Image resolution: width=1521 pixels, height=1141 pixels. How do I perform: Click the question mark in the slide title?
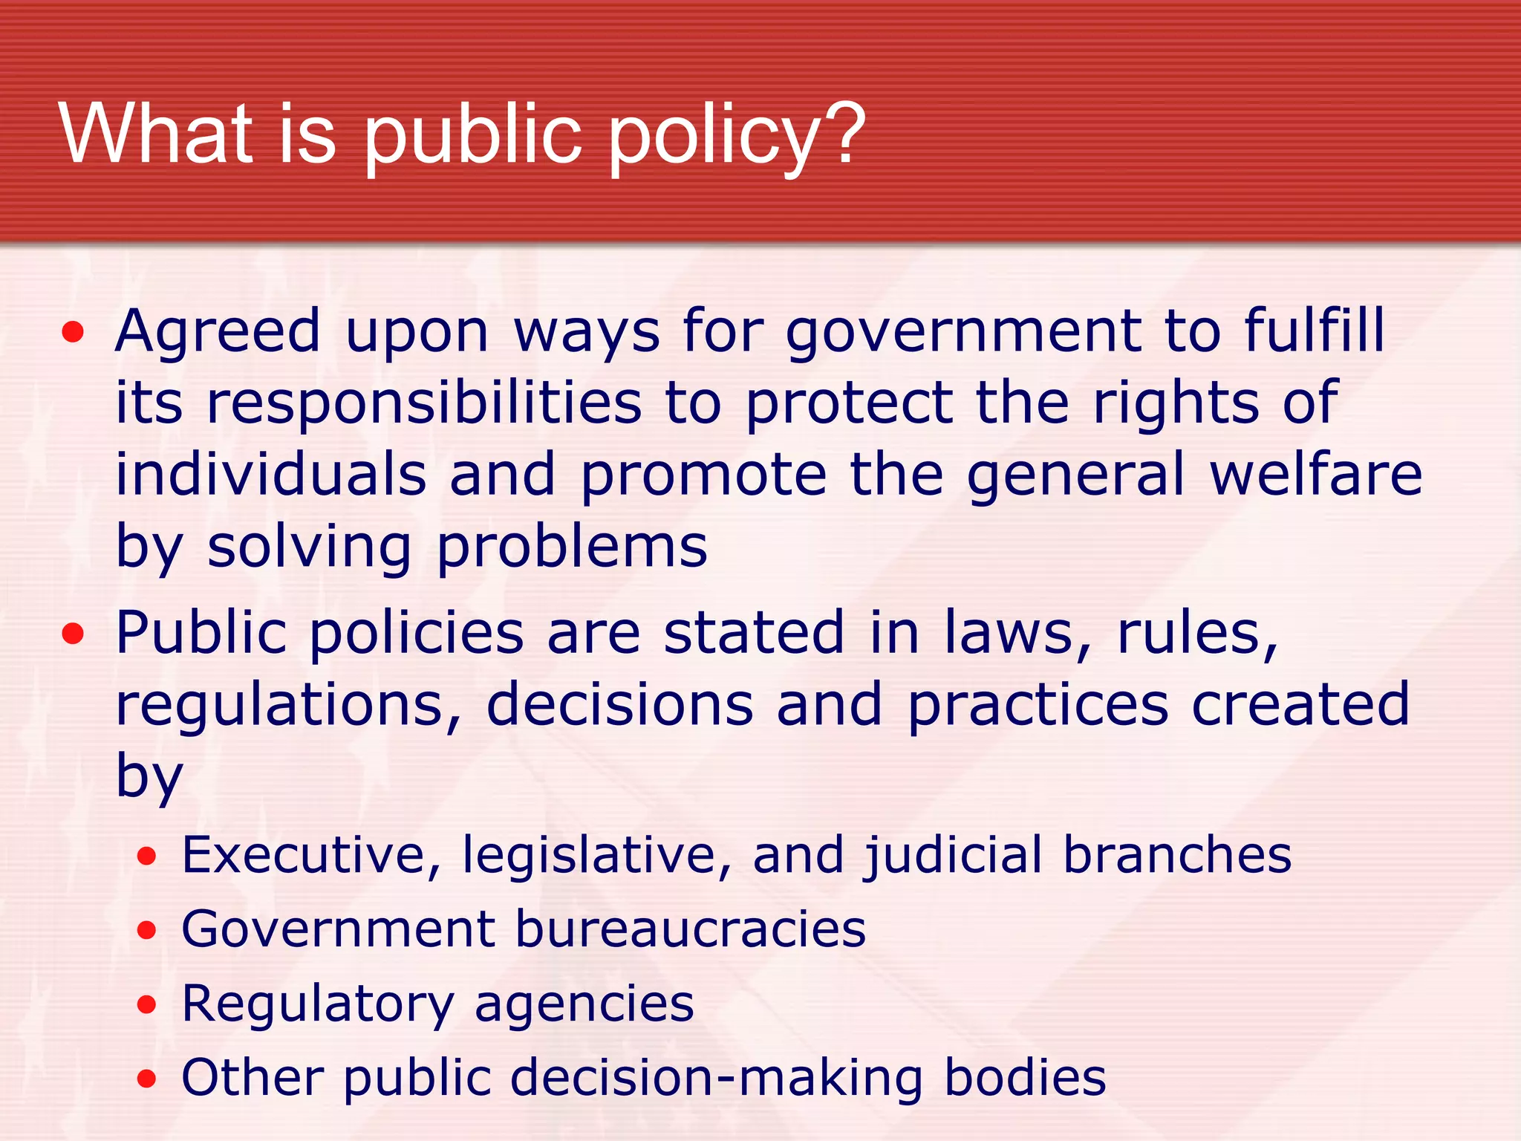click(841, 134)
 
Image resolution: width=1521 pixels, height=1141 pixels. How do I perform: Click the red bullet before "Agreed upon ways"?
click(73, 332)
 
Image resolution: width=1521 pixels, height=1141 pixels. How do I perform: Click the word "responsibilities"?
click(423, 403)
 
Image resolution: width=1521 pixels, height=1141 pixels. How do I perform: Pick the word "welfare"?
click(1315, 475)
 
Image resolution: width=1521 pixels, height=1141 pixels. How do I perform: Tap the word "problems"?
click(572, 547)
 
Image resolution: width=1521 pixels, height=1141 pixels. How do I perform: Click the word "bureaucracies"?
click(691, 929)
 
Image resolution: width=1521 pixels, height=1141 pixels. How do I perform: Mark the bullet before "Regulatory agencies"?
click(147, 1005)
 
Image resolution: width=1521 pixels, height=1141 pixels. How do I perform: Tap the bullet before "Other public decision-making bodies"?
click(147, 1079)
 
